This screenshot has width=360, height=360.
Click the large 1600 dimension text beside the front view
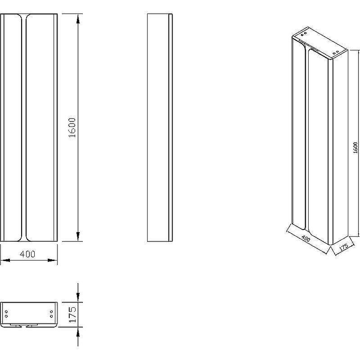[x=72, y=128]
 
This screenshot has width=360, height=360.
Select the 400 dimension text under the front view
[x=27, y=254]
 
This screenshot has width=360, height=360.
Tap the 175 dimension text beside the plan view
[x=72, y=315]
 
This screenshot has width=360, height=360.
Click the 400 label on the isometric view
[x=306, y=238]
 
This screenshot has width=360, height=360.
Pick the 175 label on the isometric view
[x=343, y=247]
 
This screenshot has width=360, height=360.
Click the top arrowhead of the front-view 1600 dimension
[x=78, y=19]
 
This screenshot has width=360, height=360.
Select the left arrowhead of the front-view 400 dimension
[x=5, y=261]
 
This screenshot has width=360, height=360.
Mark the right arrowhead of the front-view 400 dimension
[x=52, y=261]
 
